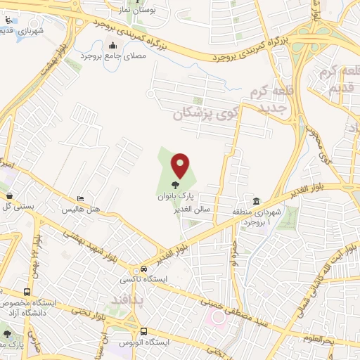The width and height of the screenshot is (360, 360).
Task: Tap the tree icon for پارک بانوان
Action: pos(175,185)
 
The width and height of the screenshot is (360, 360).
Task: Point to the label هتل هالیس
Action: pos(82,210)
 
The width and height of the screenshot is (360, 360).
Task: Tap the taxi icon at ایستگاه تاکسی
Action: pos(143,269)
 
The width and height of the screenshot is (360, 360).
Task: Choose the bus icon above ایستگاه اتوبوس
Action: pos(143,330)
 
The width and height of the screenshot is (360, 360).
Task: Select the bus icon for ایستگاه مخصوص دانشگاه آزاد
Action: pos(27,292)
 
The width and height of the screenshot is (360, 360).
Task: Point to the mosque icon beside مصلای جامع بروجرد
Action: pos(112,46)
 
